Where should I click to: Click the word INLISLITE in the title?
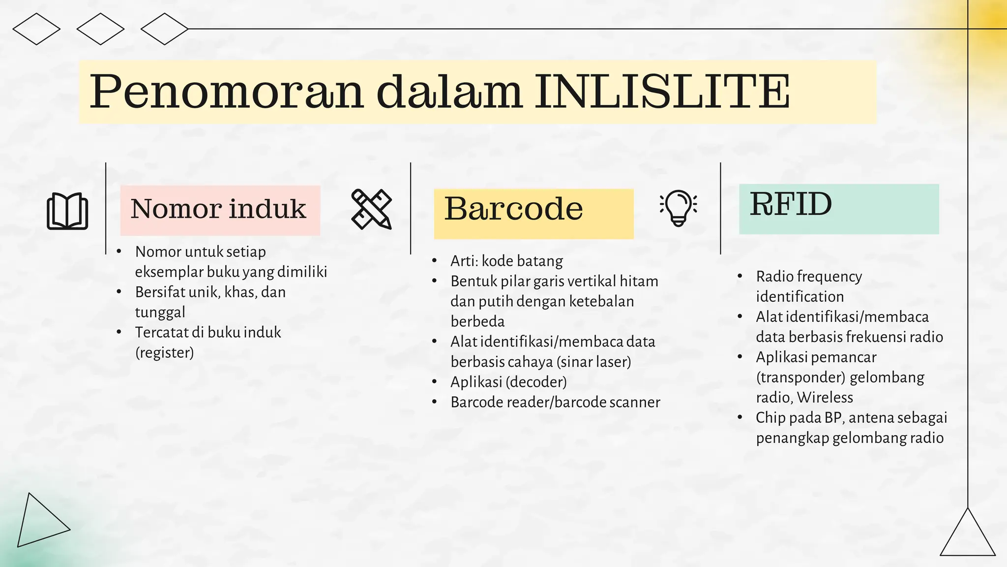coord(662,92)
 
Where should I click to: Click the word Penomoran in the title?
coord(226,93)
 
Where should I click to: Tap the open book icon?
coord(67,211)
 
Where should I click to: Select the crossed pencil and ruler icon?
coord(372,209)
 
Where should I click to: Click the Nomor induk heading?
coord(218,209)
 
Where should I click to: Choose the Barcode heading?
coord(513,209)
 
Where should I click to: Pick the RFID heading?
coord(791,204)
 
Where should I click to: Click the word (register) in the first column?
coord(164,352)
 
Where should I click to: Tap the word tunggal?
coord(160,312)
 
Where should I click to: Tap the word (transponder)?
coord(800,377)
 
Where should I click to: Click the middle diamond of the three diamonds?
coord(100,29)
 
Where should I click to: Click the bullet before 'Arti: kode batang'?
coord(434,261)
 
